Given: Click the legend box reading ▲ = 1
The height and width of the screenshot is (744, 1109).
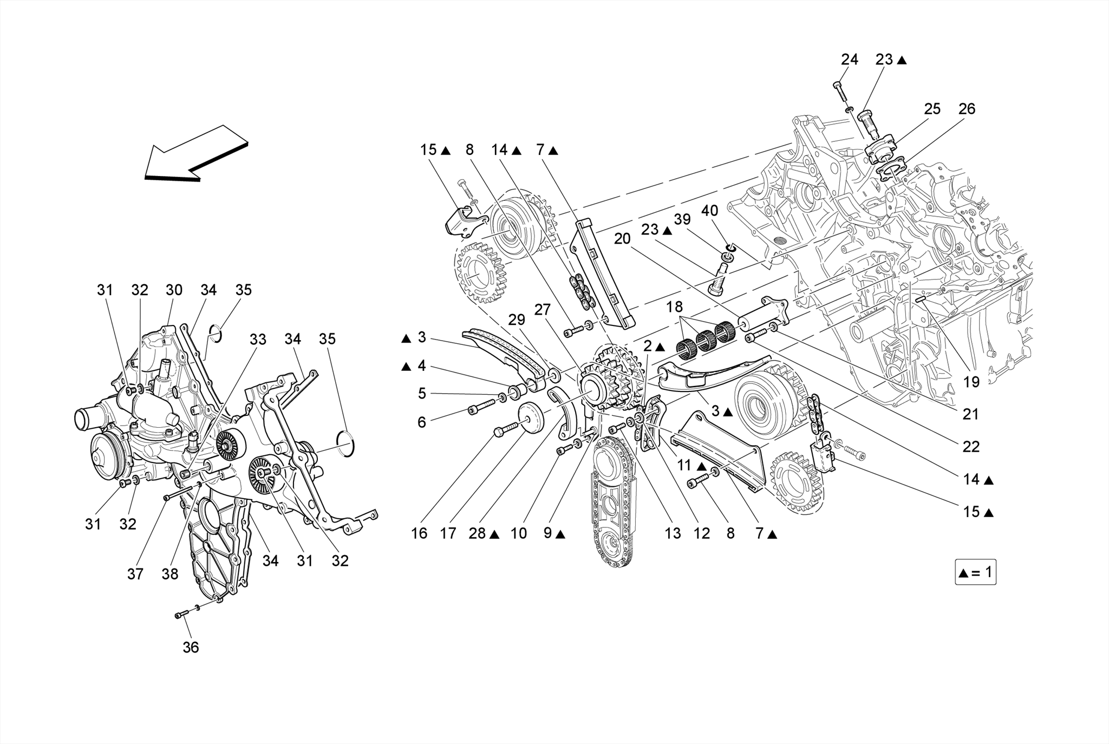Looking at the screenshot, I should [x=975, y=573].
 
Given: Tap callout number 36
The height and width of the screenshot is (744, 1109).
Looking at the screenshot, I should [x=191, y=647].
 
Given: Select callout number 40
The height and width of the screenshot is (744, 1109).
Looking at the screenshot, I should [x=709, y=210].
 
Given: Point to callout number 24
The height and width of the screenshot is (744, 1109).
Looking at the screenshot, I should [x=849, y=60].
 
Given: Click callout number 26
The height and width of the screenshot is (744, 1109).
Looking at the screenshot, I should [x=967, y=109].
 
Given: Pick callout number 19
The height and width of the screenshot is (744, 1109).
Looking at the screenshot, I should [x=971, y=382].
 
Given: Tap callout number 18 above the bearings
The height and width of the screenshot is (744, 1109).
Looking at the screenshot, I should [x=674, y=307].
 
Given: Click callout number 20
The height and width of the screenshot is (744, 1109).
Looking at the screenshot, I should [x=622, y=238].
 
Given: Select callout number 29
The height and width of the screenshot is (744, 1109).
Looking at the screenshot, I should [x=517, y=319].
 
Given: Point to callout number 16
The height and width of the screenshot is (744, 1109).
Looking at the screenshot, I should [x=419, y=533].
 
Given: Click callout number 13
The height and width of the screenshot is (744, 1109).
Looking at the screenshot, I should [x=673, y=533].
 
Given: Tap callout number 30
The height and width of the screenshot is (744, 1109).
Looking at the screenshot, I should [x=174, y=290].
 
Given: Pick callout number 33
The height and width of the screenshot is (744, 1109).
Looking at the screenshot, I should [x=258, y=340].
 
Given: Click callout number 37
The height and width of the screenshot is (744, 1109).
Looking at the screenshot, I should [x=135, y=573].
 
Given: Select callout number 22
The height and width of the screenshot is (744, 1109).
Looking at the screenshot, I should [x=971, y=446].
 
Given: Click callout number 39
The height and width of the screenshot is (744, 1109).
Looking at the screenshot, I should [x=682, y=219].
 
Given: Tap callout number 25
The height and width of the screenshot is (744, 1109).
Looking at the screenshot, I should [x=932, y=109].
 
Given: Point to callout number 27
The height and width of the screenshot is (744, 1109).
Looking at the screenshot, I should [x=542, y=310].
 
